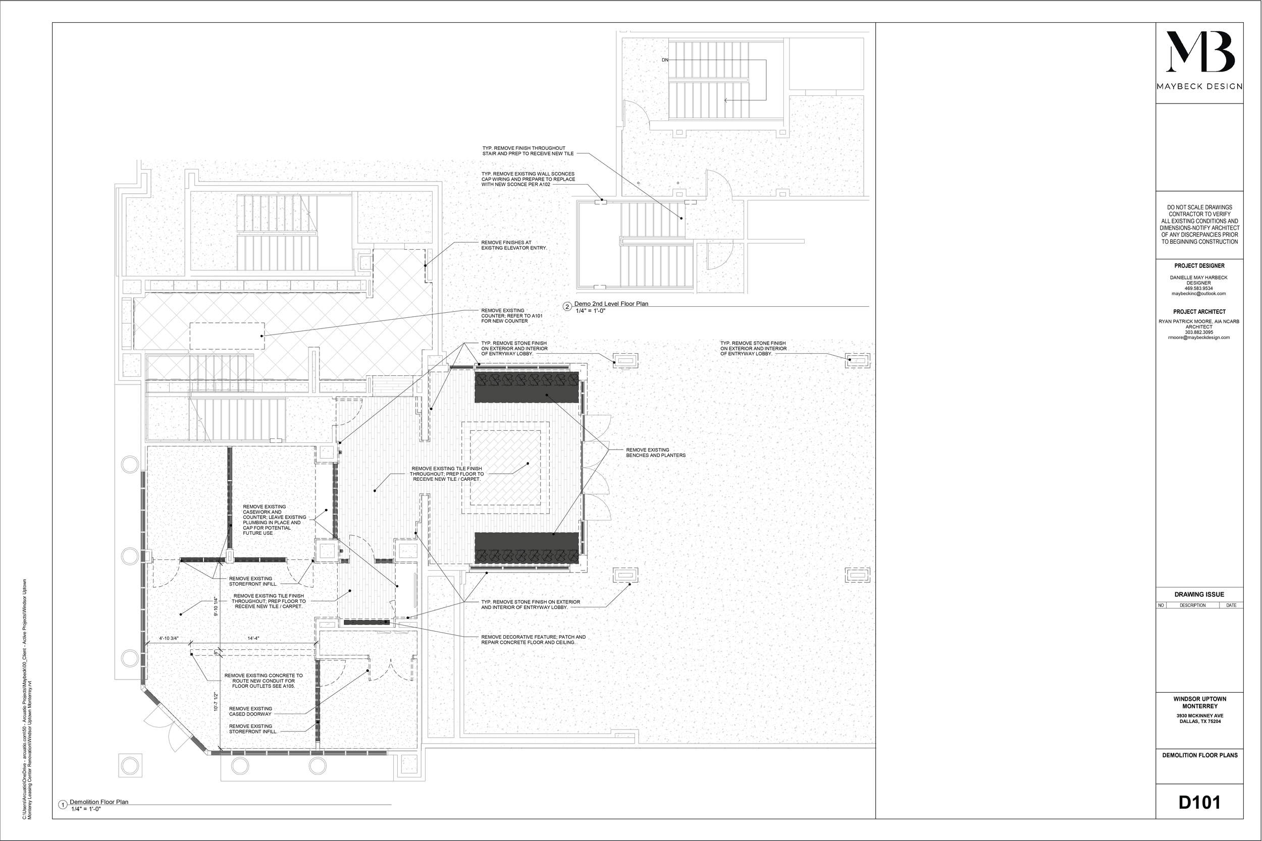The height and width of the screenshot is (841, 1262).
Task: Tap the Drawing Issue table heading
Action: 1199,594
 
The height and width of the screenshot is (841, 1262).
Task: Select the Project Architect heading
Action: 1199,312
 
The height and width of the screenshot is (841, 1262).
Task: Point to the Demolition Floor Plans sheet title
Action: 1200,755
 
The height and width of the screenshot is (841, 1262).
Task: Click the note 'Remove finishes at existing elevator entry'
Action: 513,245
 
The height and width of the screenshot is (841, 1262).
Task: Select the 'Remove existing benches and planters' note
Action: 656,453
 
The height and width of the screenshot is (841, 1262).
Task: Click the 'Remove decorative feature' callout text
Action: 533,639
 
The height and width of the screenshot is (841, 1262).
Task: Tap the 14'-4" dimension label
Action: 253,638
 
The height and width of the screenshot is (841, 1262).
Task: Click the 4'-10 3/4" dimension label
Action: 169,638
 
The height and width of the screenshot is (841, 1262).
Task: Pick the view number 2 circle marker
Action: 567,307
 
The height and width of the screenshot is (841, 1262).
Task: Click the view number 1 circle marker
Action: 63,805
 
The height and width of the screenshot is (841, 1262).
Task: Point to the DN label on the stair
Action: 665,60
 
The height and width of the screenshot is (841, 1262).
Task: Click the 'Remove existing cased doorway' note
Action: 250,711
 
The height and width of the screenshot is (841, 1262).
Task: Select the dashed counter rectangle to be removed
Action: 227,336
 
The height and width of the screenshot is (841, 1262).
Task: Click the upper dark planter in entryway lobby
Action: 526,387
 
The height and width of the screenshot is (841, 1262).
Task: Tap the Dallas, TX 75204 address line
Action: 1200,721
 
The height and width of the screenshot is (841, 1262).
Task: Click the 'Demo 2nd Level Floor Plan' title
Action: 611,304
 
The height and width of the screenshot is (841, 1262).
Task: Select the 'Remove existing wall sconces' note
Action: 528,179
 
